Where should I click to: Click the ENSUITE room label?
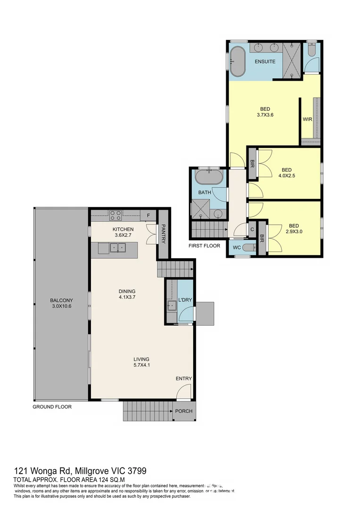pos(265,62)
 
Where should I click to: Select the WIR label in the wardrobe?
pos(307,119)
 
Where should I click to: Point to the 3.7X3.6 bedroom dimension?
pos(265,115)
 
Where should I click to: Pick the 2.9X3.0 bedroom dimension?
pos(294,232)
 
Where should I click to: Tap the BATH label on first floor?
pos(205,192)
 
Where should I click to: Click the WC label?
pos(237,247)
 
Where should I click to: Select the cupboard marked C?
pos(252,230)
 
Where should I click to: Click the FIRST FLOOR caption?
pos(204,246)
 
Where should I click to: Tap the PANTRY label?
pos(163,233)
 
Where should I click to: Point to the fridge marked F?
pos(148,216)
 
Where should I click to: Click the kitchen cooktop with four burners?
pos(116,215)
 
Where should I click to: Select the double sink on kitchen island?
pos(117,247)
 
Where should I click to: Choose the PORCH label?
pos(184,411)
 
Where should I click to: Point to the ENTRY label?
pos(184,378)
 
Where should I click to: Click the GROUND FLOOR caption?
pos(52,407)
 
